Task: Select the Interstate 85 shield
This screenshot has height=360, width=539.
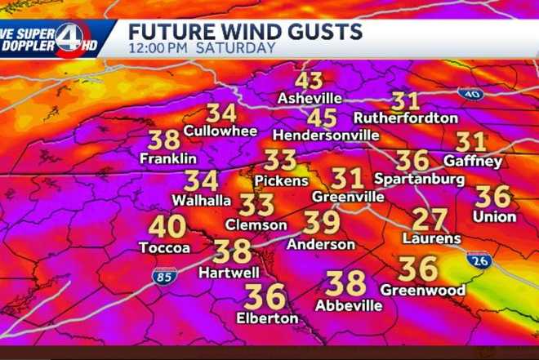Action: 164,278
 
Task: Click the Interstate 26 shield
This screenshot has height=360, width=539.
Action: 479,261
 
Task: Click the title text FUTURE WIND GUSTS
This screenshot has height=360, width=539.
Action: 245,32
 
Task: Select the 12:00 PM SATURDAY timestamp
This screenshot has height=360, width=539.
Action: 202,48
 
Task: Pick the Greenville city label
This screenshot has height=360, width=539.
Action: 348,197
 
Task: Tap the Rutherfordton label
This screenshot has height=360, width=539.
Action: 406,118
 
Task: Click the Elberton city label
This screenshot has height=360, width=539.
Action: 265,317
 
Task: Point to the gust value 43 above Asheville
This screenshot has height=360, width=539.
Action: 310,81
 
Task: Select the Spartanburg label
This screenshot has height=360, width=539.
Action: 420,179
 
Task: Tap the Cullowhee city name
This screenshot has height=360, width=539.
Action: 220,131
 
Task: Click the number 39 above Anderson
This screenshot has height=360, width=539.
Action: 322,222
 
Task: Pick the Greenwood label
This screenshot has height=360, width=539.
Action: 422,290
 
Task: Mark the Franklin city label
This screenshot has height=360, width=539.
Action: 168,158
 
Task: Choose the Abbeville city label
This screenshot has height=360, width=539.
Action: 349,305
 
